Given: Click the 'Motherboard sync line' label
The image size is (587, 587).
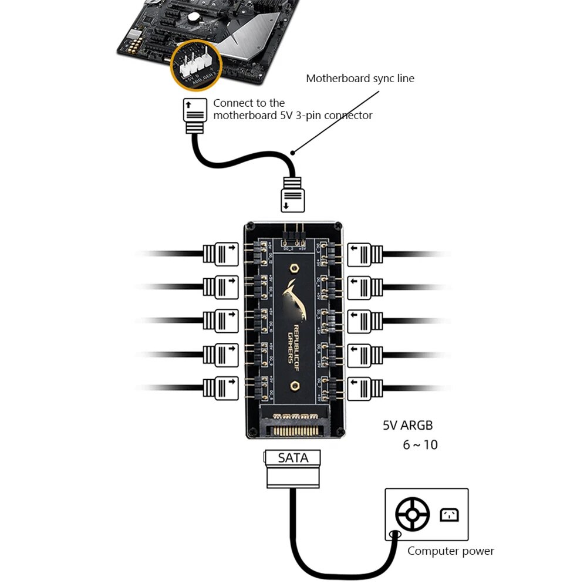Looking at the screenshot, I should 360,78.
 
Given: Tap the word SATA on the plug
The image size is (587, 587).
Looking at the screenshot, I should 293,458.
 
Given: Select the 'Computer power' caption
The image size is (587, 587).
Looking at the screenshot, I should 450,551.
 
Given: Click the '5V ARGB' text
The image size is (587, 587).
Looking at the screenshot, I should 408,426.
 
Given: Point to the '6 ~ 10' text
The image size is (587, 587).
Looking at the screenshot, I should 420,445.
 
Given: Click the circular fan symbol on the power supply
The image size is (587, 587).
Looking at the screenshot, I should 412,515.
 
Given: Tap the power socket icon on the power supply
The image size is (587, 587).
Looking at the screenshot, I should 449,515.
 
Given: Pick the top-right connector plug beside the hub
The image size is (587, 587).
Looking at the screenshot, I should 365,254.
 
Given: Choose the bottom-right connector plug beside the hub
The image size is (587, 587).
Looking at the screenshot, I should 365,387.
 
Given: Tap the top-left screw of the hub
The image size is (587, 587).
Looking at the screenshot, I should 251,225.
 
